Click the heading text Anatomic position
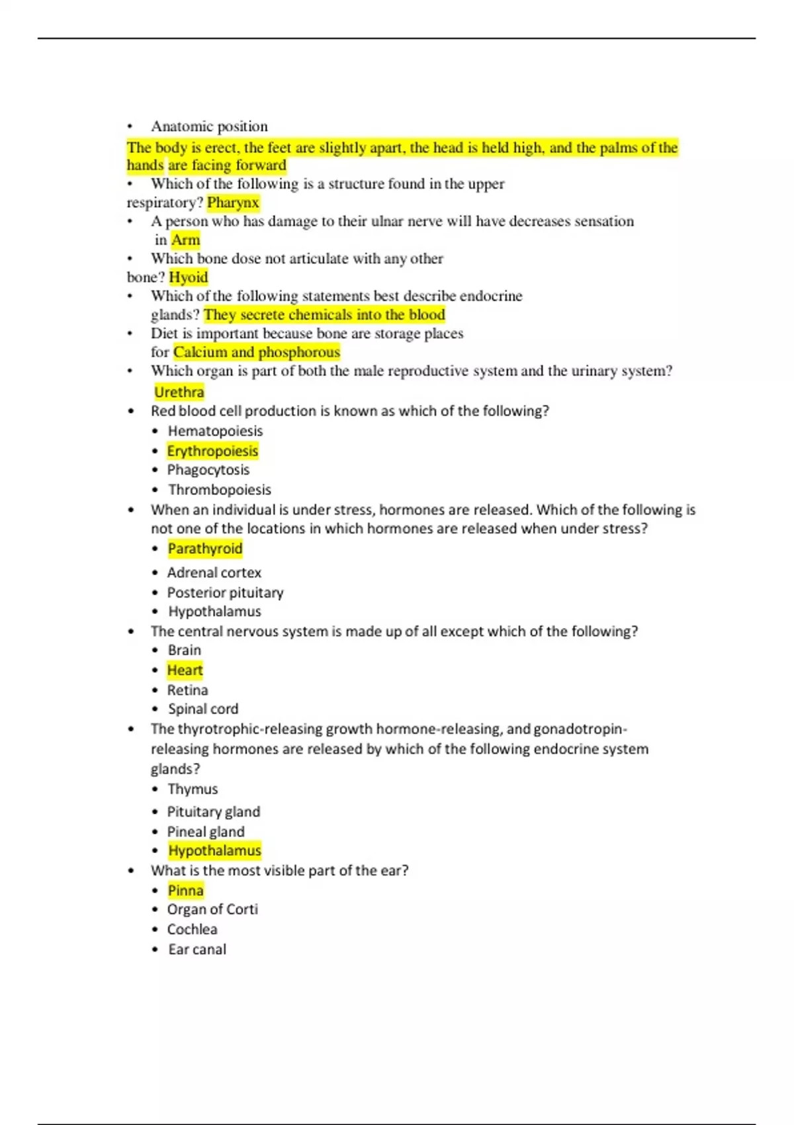(209, 126)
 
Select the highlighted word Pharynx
(233, 202)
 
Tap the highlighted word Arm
(185, 240)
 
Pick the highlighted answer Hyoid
(189, 277)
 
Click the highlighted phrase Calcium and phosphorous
(257, 352)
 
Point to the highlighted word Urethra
(179, 392)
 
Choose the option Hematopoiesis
(215, 431)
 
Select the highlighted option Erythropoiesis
(212, 451)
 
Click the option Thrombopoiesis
(219, 490)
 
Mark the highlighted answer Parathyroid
(205, 549)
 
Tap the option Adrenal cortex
(214, 572)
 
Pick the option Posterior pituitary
(225, 592)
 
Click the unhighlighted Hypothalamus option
(214, 611)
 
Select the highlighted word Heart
(185, 670)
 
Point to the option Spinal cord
(202, 709)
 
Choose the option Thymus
(193, 789)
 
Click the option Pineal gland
(206, 832)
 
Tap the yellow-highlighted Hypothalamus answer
(214, 850)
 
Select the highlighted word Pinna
(185, 891)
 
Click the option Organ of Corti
(212, 909)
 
